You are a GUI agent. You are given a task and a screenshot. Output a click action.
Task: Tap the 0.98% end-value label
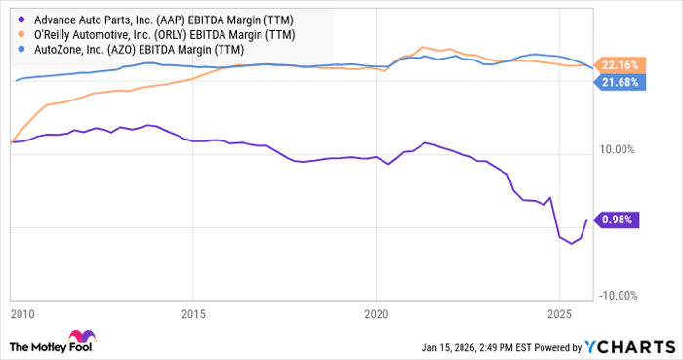618,220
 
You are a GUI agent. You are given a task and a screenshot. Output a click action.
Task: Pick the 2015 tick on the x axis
193,315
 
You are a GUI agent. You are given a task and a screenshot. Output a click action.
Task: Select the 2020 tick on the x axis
377,315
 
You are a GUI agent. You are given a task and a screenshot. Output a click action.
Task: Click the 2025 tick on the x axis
559,315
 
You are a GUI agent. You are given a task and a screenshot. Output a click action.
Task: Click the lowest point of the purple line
573,244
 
